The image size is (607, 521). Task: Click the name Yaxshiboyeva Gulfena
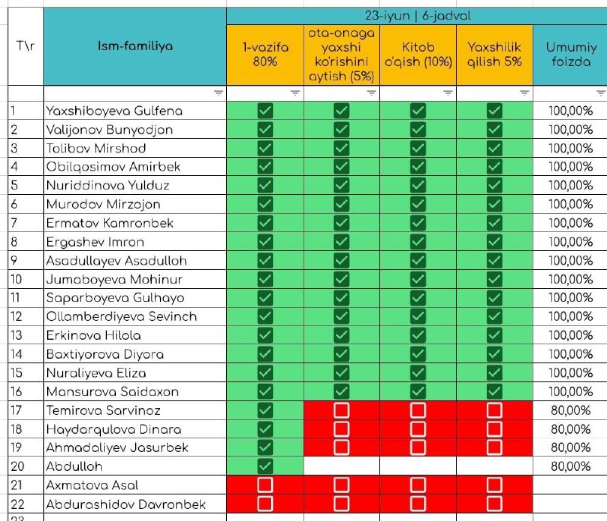(x=115, y=111)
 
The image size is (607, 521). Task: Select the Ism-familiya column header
(x=135, y=46)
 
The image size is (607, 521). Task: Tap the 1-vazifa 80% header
(x=265, y=54)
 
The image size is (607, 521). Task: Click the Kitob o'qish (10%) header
(x=418, y=54)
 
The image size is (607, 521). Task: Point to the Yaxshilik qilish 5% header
(x=495, y=54)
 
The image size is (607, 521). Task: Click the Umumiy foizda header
(x=571, y=54)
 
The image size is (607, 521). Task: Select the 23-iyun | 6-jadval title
(x=418, y=16)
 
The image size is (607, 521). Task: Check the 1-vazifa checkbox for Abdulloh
(x=265, y=466)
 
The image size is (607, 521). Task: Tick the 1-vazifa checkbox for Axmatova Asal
(x=265, y=485)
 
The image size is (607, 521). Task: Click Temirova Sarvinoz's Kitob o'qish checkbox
(x=418, y=410)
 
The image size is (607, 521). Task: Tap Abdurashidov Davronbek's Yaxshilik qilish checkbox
(x=495, y=504)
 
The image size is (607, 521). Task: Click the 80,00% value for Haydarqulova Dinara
(x=571, y=429)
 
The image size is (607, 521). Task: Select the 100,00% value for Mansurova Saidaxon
(x=571, y=391)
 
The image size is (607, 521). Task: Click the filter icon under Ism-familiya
(x=219, y=93)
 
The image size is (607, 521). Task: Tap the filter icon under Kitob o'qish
(x=448, y=93)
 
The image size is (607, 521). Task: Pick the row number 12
(x=16, y=316)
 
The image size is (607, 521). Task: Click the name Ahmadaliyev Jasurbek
(x=117, y=447)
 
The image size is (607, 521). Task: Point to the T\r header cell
(x=26, y=46)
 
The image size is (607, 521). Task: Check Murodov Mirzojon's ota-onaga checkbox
(x=341, y=204)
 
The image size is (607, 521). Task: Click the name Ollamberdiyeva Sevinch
(x=121, y=316)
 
